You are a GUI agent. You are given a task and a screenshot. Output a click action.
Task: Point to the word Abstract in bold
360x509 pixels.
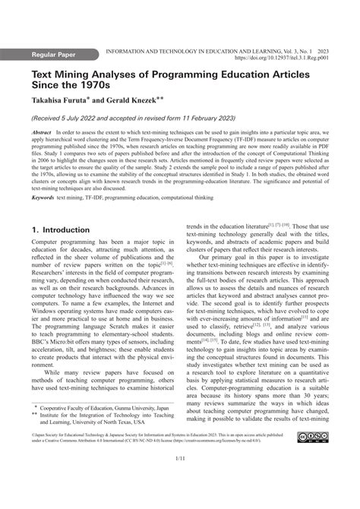[40, 132]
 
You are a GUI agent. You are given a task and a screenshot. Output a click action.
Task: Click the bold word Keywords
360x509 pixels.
[43, 197]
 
